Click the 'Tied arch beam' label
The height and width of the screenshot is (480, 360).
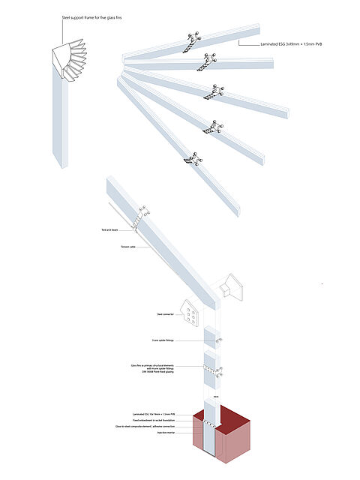pyautogui.click(x=110, y=229)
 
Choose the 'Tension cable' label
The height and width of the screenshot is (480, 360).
pyautogui.click(x=127, y=246)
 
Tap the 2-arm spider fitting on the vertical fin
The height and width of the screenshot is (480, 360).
pyautogui.click(x=219, y=340)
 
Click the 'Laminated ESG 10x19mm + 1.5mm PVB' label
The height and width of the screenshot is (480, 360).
pyautogui.click(x=160, y=415)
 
